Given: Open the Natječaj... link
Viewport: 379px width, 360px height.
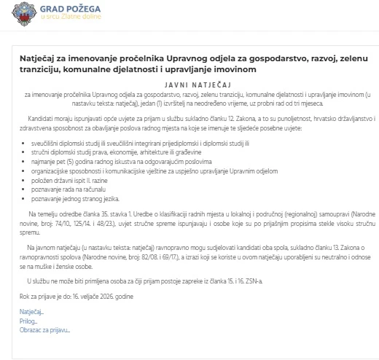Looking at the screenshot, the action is click(x=31, y=311).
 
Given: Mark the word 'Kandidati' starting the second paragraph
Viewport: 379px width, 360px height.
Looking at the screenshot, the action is click(x=42, y=117).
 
